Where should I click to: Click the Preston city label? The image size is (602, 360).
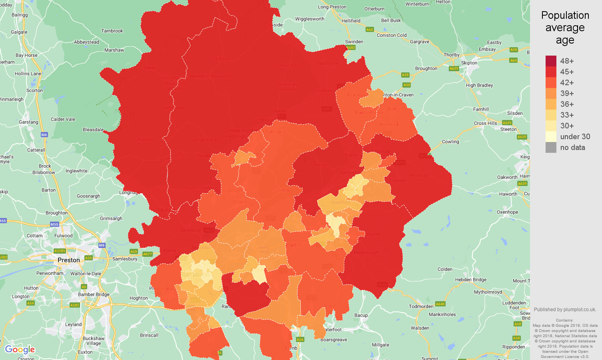tap(69, 260)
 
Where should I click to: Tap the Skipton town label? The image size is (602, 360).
tap(469, 63)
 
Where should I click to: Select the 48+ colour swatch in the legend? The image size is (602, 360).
tap(551, 61)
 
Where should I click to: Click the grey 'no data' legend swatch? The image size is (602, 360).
tap(551, 147)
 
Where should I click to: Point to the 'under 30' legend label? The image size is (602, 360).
tap(575, 136)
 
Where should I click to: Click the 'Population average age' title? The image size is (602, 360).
tap(565, 28)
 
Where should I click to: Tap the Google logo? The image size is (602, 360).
tap(20, 350)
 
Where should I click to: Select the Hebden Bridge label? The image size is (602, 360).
tap(471, 280)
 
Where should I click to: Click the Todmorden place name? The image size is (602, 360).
tap(421, 306)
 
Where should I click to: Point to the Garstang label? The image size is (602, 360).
tap(28, 122)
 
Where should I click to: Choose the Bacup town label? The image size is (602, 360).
tap(361, 315)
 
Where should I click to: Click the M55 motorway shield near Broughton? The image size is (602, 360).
tap(54, 224)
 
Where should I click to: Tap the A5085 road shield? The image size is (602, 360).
tap(60, 251)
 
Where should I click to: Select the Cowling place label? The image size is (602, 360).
tap(450, 142)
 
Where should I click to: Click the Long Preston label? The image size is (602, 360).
tap(332, 7)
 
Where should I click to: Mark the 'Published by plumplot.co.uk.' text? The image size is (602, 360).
tap(565, 309)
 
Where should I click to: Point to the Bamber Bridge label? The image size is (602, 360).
tap(94, 294)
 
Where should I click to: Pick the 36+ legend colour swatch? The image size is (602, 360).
tap(551, 104)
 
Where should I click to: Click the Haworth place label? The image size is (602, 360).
tap(508, 194)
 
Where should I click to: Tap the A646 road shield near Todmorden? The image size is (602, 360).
tap(440, 304)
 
